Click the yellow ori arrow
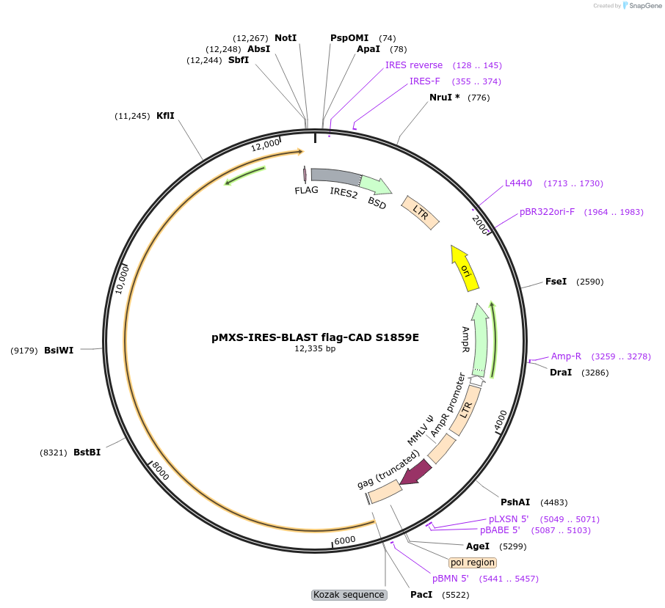tap(465, 268)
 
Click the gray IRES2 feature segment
tap(334, 176)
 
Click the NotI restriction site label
tap(286, 37)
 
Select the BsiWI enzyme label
tap(59, 350)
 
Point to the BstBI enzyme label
tap(87, 453)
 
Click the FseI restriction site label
tap(556, 281)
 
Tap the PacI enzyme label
tap(421, 594)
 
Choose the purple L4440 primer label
tap(518, 183)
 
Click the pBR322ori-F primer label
tap(547, 212)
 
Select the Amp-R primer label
tap(566, 356)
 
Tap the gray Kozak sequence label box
tap(349, 595)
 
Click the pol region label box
tap(473, 563)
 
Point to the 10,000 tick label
tap(123, 279)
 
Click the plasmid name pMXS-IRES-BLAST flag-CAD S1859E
tap(315, 337)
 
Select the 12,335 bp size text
tap(315, 349)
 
